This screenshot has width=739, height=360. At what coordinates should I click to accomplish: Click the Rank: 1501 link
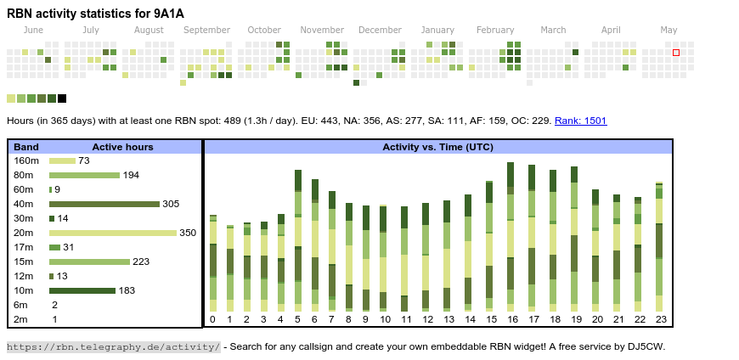[x=580, y=121]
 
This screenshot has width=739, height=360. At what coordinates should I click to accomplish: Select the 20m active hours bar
[x=113, y=233]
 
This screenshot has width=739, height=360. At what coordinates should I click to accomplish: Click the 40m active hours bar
[x=104, y=204]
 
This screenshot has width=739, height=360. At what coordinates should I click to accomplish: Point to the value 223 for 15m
[x=141, y=262]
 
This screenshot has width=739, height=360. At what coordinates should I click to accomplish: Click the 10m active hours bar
[x=82, y=290]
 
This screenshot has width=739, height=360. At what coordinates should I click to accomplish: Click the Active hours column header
[x=122, y=147]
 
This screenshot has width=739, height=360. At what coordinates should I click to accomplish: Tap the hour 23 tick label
[x=660, y=319]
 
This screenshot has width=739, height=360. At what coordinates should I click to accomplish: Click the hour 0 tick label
[x=212, y=319]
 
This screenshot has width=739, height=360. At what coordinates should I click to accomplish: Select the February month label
[x=495, y=31]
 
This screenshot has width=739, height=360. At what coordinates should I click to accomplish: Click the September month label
[x=206, y=31]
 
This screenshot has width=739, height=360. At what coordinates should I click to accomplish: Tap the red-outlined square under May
[x=676, y=53]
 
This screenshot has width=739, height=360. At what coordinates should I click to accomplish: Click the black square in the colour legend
[x=62, y=98]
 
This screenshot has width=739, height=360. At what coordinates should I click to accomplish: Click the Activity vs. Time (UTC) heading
[x=437, y=147]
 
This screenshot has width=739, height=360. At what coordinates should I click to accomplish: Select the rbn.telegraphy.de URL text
[x=113, y=346]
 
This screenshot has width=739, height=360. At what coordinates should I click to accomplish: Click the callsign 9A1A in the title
[x=168, y=14]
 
